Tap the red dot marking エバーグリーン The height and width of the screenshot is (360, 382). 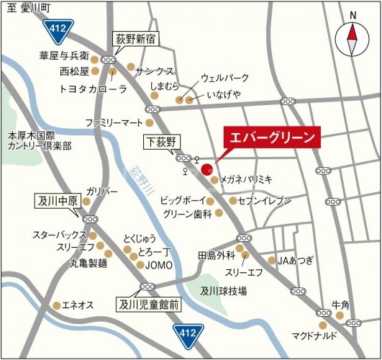click(x=206, y=170)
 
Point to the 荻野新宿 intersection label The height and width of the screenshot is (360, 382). click(x=137, y=38)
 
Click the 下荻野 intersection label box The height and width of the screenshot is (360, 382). click(x=160, y=141)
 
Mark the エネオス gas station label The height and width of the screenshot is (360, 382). click(x=78, y=305)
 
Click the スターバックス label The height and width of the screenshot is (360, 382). click(x=59, y=235)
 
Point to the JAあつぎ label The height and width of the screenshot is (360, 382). click(x=296, y=260)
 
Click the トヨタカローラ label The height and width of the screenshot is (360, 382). click(x=94, y=89)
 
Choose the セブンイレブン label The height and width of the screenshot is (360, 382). click(x=265, y=200)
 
